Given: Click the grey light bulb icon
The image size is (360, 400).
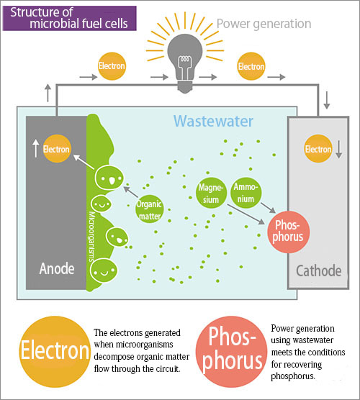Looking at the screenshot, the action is (x=185, y=63).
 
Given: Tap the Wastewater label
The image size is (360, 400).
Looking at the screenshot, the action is (x=213, y=121).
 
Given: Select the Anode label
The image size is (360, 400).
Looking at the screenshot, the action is (x=57, y=268).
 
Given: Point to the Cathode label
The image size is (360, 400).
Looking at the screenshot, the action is (x=319, y=271).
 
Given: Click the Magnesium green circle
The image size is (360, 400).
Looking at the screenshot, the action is (x=211, y=193).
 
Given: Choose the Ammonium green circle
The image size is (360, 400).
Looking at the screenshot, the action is (x=246, y=193).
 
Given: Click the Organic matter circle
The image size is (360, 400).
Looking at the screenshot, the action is (x=149, y=209).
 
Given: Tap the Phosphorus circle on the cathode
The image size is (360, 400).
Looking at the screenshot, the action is (x=289, y=232).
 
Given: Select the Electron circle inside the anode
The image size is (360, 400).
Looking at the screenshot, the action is (x=56, y=148).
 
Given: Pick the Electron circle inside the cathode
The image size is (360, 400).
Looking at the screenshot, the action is (x=318, y=148).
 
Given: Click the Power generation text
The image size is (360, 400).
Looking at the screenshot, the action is (x=264, y=24).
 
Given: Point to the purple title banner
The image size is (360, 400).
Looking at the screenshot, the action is (x=69, y=19).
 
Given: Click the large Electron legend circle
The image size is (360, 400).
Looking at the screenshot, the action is (x=55, y=352).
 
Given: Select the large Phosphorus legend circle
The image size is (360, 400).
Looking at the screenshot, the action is (x=232, y=352).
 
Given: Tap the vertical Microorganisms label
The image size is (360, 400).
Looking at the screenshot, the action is (x=91, y=237).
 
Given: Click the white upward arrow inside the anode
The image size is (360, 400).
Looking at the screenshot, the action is (x=36, y=148).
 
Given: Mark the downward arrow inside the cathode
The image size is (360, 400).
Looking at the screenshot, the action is (x=339, y=149).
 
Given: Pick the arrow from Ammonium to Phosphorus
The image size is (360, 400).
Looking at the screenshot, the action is (x=268, y=208).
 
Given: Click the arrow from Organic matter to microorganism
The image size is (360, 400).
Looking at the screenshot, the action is (x=131, y=192).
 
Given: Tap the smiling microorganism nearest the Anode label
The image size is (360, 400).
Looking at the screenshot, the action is (x=104, y=271).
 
